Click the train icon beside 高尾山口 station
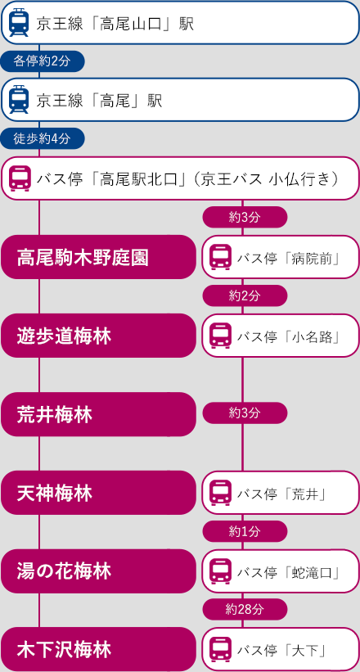coord(19,23)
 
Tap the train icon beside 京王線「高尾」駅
coord(19,100)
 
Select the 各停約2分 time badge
coord(43,61)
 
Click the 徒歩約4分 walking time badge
coord(43,138)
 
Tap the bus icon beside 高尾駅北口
coord(20,178)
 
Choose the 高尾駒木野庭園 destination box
coord(98,257)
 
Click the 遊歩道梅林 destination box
coord(98,336)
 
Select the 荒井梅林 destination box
coord(98,414)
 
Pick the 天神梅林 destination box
coord(98,493)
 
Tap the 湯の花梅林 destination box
coord(98,571)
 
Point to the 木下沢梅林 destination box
coord(98,649)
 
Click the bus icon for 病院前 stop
coord(221,258)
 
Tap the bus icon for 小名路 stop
coord(221,336)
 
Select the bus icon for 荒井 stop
coord(221,494)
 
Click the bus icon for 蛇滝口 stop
coord(221,571)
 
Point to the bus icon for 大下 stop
coord(221,650)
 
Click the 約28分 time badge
coord(245,610)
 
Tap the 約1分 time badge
coord(245,531)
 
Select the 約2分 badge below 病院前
coord(245,295)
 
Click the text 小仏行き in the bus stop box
coord(301,178)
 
